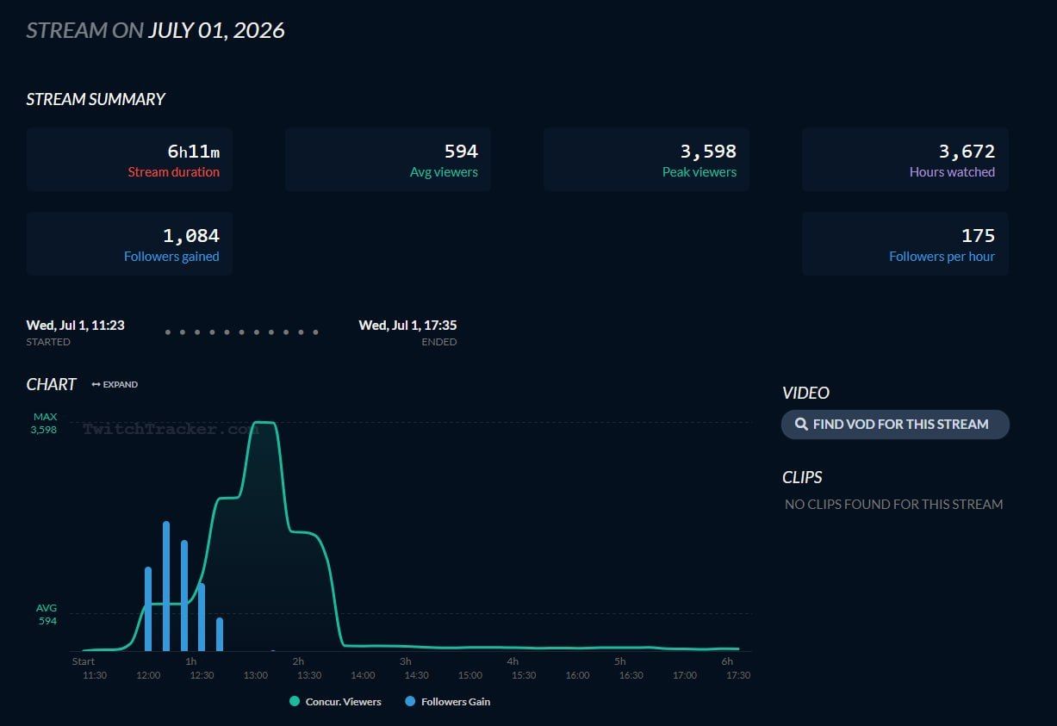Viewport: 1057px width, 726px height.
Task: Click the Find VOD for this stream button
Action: coord(895,424)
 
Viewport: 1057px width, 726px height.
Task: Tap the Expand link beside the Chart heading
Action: coord(115,384)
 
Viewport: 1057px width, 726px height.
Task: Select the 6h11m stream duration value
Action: coord(194,152)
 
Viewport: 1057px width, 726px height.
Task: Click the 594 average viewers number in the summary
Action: coord(461,152)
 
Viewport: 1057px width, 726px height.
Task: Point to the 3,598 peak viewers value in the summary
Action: coord(708,152)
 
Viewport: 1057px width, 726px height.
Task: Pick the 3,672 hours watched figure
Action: coord(967,152)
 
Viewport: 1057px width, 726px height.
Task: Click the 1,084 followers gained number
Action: coord(191,236)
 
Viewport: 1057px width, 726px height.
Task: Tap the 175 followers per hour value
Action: coord(979,236)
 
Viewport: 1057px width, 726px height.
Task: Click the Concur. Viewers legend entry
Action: coord(335,702)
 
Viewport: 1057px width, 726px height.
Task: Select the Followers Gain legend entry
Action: coord(448,702)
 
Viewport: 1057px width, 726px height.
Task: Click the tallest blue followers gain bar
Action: coord(166,586)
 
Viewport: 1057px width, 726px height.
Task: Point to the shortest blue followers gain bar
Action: coord(220,635)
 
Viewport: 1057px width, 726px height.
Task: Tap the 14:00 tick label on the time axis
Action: coord(363,675)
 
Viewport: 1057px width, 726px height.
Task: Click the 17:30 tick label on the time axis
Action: coord(738,675)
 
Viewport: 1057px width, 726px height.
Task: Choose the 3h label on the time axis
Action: coord(406,661)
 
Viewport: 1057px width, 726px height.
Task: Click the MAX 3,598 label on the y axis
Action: coord(44,423)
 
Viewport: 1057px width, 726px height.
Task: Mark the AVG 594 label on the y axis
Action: coord(47,614)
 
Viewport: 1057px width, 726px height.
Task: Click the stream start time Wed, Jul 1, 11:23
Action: coord(76,325)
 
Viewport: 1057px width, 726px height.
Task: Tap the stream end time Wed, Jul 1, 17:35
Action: coord(407,325)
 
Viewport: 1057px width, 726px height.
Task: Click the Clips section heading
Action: coord(802,477)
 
